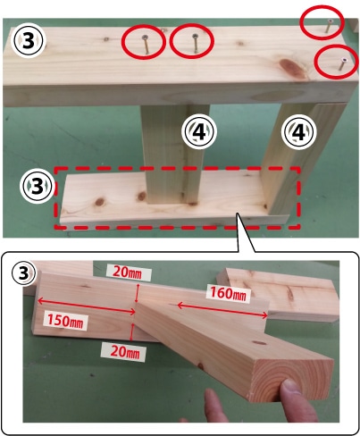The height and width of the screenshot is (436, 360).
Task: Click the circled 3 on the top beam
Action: pos(29,41)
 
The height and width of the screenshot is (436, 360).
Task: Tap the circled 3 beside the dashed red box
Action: pos(37,187)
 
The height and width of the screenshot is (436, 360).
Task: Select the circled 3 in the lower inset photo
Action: pos(23,273)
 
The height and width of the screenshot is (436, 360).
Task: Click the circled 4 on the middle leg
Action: pos(200,131)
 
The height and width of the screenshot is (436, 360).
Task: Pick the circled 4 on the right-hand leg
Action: pos(299,131)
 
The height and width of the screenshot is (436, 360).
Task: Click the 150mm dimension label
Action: pos(65,321)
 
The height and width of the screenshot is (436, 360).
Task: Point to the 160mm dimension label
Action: pos(229,294)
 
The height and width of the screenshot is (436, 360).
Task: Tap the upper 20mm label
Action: pos(130,272)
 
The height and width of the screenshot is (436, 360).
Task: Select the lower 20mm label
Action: pos(124,352)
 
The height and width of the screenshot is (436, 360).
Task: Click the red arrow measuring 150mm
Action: pos(87,306)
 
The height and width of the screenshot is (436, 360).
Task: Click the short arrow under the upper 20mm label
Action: pos(137,293)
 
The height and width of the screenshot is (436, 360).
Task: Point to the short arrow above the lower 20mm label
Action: pos(132,332)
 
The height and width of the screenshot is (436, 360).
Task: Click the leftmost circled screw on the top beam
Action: pos(146,44)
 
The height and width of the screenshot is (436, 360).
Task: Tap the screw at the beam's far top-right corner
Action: pos(329,26)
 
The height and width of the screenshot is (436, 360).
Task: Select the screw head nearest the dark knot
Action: pos(341,64)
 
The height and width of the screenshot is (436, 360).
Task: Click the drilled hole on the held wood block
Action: pos(260,343)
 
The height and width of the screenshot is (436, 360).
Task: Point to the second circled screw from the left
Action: pos(195,43)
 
